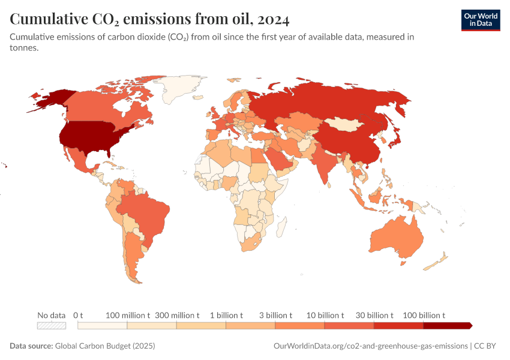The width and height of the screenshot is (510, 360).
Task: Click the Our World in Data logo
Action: click(x=480, y=20)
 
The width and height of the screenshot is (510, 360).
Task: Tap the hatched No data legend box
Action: click(x=52, y=325)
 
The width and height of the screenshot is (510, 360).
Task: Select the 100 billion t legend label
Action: click(x=424, y=315)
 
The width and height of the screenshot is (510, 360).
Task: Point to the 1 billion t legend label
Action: click(x=226, y=315)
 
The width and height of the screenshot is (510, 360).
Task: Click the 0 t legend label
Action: click(x=78, y=315)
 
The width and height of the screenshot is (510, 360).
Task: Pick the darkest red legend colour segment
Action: click(x=447, y=325)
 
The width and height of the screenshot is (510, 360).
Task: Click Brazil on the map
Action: click(x=144, y=210)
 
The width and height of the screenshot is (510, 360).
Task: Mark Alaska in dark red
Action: click(x=51, y=99)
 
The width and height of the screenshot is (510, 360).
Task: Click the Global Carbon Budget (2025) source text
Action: click(x=105, y=346)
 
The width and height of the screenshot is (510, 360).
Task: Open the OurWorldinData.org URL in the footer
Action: click(x=370, y=346)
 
